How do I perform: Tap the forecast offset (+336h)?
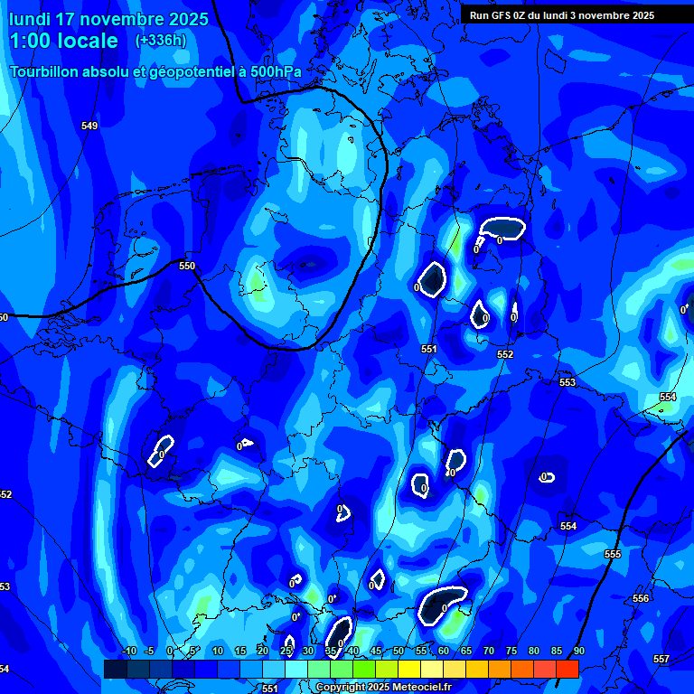[161, 41]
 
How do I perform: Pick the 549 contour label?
[89, 126]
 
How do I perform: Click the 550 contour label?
[187, 266]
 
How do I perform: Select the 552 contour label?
[505, 354]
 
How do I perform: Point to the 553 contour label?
[567, 382]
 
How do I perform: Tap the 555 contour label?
[613, 554]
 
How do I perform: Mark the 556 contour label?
[641, 599]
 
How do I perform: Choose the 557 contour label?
[661, 659]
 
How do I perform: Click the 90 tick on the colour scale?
[578, 651]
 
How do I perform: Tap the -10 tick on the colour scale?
[128, 651]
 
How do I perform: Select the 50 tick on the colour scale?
[399, 651]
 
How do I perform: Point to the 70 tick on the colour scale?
[489, 651]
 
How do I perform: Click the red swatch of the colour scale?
[567, 669]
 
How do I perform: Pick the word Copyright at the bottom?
[342, 688]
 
